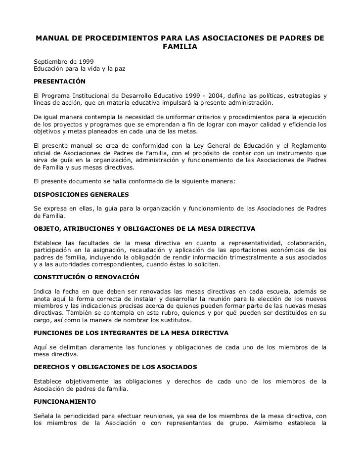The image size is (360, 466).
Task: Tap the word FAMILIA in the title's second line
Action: tap(179, 47)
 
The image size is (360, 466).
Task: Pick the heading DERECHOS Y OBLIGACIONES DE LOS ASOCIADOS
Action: tap(115, 367)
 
